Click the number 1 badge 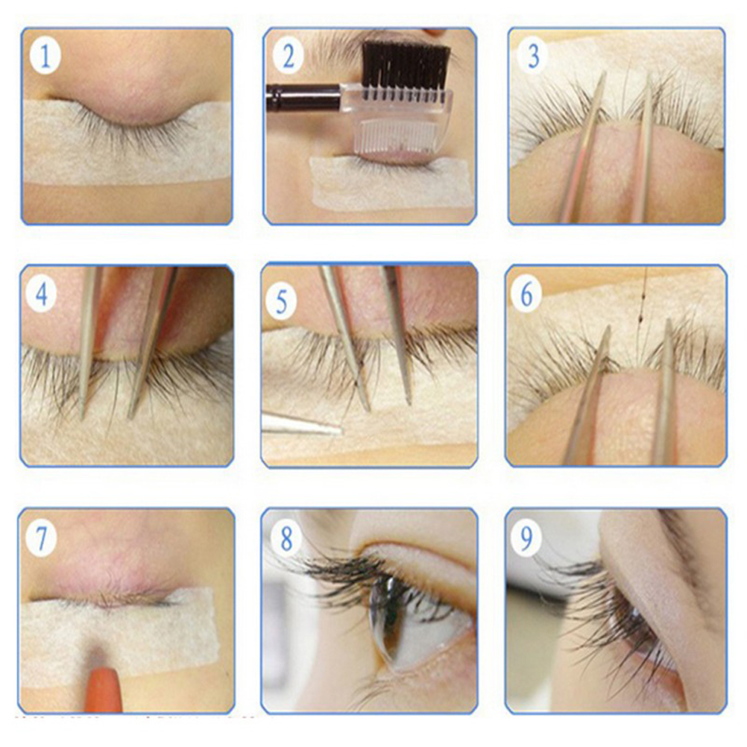tap(45, 56)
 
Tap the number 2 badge tap(288, 56)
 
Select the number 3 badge tap(533, 55)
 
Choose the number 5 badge tap(282, 302)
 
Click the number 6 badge tap(526, 295)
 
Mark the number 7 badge tap(41, 538)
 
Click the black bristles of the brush tap(406, 63)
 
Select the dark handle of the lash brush tap(303, 97)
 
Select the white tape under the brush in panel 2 tap(391, 183)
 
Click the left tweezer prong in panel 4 tap(90, 342)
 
